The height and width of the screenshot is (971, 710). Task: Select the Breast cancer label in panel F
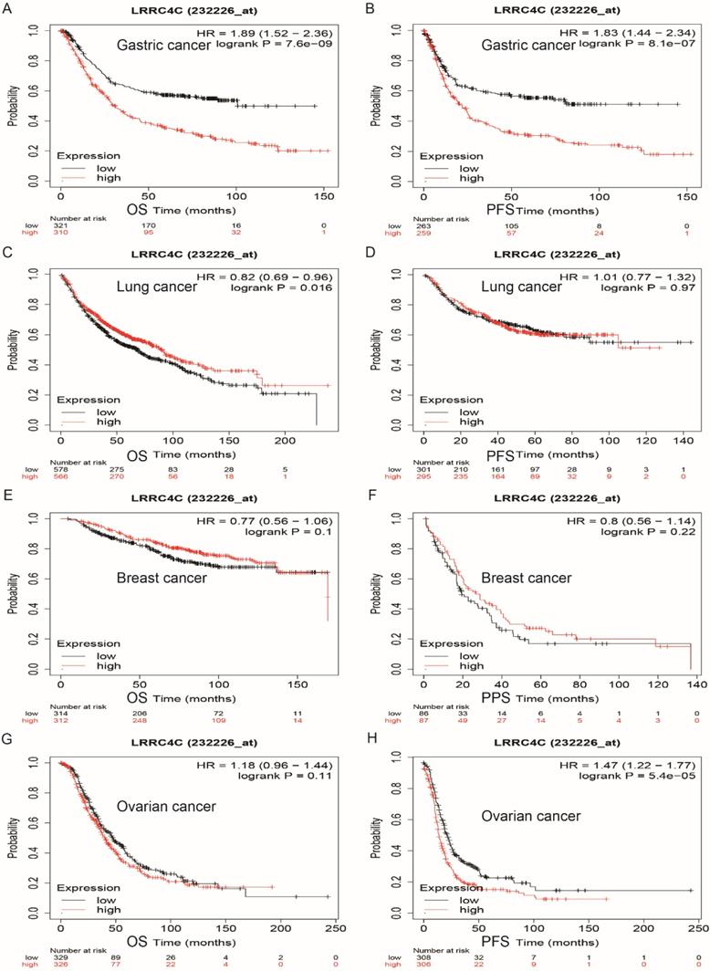pos(528,578)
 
